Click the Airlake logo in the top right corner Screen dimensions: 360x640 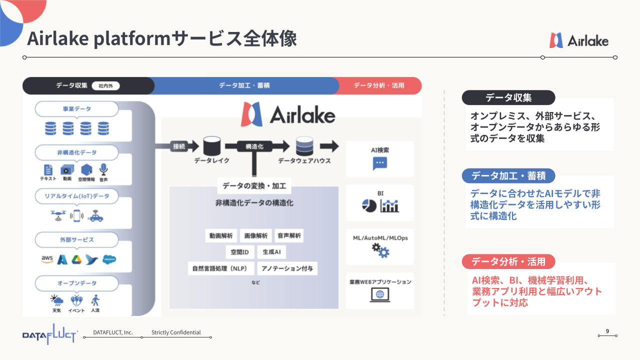579,40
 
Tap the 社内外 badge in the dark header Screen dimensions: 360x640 105,85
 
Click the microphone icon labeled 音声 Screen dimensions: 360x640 103,169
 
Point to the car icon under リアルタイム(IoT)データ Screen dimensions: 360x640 95,216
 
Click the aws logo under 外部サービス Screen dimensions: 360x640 47,259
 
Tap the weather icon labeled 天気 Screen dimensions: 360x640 56,300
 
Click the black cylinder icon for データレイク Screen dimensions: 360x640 211,146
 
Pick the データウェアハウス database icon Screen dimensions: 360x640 304,146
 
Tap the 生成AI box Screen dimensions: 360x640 271,252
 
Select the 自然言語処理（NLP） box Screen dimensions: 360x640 221,268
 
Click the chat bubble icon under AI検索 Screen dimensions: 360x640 379,163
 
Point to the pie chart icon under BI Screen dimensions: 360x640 369,205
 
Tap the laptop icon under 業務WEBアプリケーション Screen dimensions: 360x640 380,295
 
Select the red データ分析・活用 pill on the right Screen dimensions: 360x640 508,261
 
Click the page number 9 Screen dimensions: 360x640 607,331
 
